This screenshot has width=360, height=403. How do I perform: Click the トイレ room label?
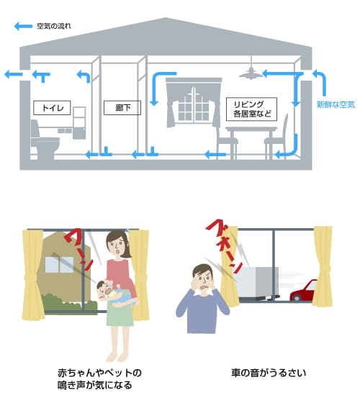coord(52,108)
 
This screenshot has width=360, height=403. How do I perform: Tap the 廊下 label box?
coord(122,108)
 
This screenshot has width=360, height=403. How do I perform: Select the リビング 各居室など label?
coord(251,109)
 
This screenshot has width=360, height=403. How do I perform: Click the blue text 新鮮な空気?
coord(336,104)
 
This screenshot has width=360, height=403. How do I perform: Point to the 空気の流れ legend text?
coord(54,26)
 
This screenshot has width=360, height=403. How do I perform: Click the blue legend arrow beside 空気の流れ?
coord(23,26)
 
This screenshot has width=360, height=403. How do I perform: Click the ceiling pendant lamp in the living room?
coord(251,73)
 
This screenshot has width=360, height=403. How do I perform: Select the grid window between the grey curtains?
coord(194,107)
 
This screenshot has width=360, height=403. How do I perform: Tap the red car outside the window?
coord(303,290)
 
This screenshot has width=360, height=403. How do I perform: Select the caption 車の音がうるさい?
coord(269,373)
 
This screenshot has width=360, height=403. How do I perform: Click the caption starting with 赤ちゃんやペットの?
coord(99,379)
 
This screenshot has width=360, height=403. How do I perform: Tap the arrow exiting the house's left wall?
coord(14,75)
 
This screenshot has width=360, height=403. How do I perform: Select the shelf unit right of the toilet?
coord(79,123)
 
